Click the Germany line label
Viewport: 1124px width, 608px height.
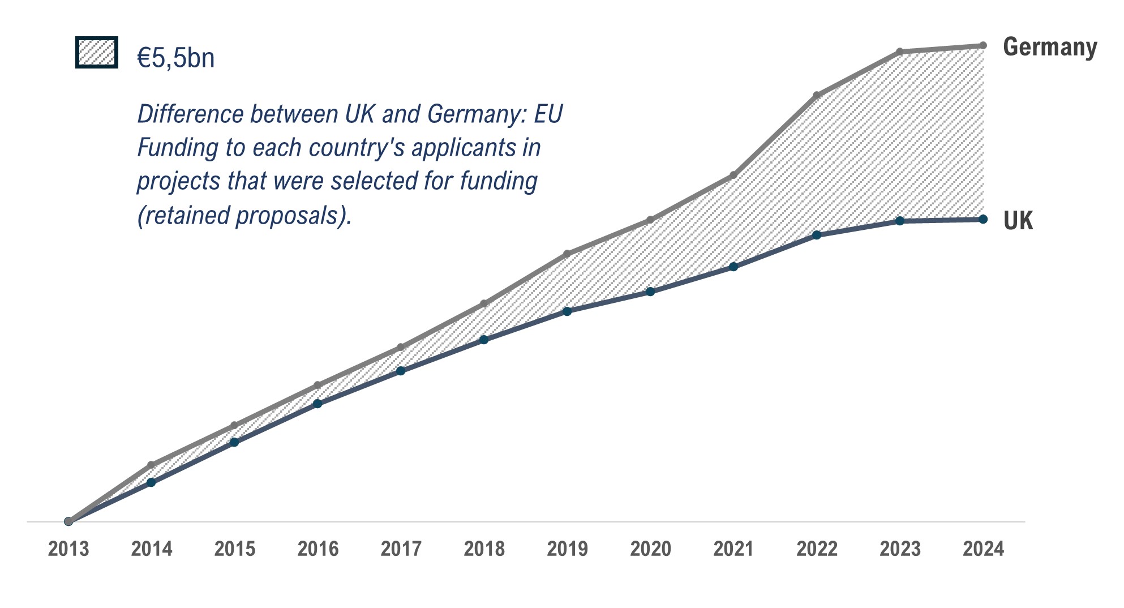coord(1050,47)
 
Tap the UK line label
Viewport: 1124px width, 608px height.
coord(1018,221)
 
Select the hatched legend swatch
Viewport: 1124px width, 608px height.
coord(97,53)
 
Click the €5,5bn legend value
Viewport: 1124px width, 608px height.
coord(176,58)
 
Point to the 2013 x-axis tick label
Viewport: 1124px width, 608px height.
coord(68,549)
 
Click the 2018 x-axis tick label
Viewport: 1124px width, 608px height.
coord(484,549)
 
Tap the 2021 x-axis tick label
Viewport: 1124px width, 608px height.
coord(733,549)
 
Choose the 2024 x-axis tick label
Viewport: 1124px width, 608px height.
coord(983,549)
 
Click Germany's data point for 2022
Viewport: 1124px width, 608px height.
coord(817,95)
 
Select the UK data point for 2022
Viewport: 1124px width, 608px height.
coord(817,235)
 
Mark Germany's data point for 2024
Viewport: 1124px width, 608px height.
coord(983,45)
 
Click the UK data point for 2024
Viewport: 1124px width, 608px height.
coord(983,219)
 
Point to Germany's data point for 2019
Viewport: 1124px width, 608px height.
coord(567,254)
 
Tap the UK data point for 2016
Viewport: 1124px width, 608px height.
coord(318,404)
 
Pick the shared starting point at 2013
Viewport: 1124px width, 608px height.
coord(68,521)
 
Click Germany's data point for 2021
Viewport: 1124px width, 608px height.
coord(733,175)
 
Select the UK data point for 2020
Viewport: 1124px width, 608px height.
coord(650,292)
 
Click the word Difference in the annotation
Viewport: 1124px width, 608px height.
coord(191,114)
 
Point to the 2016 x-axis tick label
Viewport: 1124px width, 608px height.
coord(318,549)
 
